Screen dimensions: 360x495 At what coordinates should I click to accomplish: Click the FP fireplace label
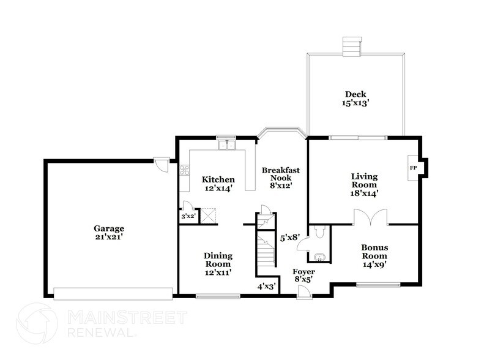coord(412,167)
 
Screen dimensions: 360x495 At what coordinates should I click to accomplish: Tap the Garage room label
coord(109,228)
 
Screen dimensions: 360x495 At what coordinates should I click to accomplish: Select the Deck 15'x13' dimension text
coord(355,104)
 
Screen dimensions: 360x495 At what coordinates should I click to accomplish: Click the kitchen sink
coord(228,146)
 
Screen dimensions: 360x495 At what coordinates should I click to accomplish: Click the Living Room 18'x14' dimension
coord(364,193)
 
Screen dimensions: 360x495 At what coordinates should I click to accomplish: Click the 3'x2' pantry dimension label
coord(187,217)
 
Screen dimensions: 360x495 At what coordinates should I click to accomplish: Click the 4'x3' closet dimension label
coord(267,285)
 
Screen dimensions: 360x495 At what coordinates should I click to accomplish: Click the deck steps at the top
coord(351,45)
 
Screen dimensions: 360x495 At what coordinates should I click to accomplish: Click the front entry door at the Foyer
coord(303,294)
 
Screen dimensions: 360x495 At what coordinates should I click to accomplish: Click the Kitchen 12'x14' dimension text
coord(218,189)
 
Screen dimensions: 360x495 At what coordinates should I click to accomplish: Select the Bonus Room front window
coord(378,283)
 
